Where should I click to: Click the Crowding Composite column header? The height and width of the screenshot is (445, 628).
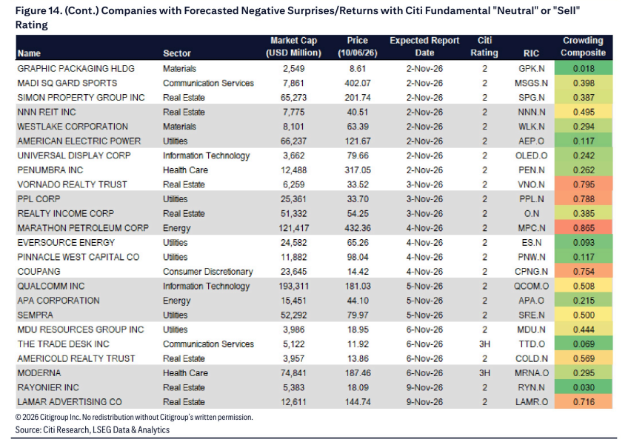(583, 47)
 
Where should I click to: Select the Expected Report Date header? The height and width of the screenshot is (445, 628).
(424, 47)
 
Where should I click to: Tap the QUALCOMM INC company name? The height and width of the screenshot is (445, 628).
(51, 286)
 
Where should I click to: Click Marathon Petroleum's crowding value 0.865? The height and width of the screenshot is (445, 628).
(584, 228)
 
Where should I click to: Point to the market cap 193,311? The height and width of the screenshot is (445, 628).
(293, 286)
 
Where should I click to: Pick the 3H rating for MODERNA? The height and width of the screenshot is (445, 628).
(484, 373)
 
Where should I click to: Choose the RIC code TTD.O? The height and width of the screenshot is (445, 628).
(531, 344)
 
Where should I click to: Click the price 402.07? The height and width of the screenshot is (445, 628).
(357, 83)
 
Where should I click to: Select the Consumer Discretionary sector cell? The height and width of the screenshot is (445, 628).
(208, 272)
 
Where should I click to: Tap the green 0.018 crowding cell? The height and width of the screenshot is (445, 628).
(584, 69)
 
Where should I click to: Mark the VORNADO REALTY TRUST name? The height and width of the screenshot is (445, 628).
(72, 184)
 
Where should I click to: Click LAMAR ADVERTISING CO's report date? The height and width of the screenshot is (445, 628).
(424, 402)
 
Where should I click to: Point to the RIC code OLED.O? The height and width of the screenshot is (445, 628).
(531, 155)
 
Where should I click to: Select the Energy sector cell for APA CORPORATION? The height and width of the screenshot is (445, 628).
(176, 301)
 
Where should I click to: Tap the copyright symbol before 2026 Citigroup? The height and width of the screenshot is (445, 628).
(18, 418)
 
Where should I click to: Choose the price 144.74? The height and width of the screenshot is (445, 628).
(357, 402)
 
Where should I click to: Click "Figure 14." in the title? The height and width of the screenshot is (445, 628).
(37, 11)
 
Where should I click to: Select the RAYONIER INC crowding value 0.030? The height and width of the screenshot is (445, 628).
(584, 387)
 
